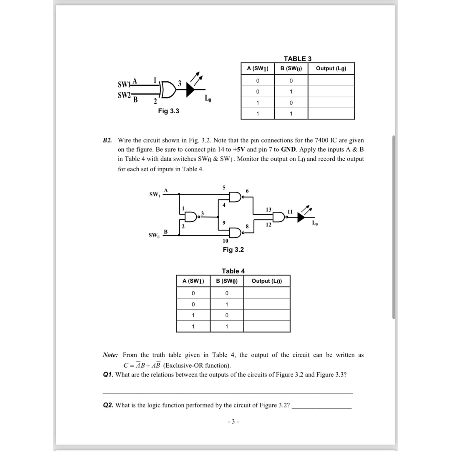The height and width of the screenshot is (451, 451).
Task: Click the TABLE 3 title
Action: pos(297,59)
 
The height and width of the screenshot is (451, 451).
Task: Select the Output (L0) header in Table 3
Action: pos(331,69)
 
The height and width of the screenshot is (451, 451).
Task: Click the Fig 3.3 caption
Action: pos(168,111)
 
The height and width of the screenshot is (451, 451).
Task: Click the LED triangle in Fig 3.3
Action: pos(190,90)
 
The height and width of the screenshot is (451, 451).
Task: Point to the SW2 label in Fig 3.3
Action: pos(124,95)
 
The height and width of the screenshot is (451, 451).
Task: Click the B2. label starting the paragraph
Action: pos(107,140)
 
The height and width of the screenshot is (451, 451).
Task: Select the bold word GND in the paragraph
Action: pos(288,150)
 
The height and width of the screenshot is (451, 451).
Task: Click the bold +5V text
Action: pos(239,150)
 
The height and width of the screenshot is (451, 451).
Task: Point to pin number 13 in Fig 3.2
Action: pos(268,210)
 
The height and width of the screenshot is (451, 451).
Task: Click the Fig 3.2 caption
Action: pos(233,250)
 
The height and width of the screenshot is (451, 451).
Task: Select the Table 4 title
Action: pos(233,271)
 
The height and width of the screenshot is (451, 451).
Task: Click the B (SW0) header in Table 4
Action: pos(227,281)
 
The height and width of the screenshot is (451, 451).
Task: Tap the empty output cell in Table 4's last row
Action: pos(267,326)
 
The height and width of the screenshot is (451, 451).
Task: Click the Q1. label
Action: pos(108,375)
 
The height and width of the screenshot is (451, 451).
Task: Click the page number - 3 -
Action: pos(233,422)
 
